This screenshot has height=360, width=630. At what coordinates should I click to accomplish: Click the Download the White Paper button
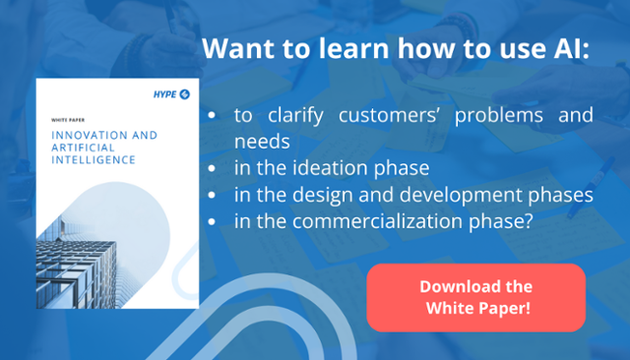coord(475,297)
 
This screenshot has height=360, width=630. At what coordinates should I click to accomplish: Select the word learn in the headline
coord(348,48)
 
